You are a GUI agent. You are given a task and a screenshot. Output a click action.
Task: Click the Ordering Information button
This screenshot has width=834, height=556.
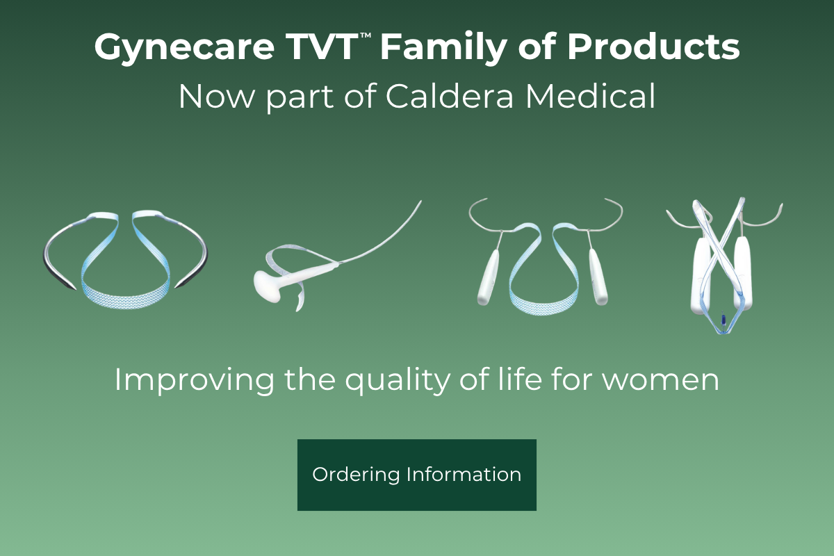(416, 475)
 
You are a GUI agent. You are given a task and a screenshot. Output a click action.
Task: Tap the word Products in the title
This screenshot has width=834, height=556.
(653, 47)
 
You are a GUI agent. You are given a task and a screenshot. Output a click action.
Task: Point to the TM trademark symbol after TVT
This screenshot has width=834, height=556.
(366, 35)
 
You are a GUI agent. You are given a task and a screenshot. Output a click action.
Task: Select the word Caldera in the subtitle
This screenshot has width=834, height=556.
(450, 96)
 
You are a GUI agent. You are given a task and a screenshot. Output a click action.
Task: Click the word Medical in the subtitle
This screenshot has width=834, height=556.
(590, 96)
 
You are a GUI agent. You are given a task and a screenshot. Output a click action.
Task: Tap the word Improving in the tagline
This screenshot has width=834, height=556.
(194, 381)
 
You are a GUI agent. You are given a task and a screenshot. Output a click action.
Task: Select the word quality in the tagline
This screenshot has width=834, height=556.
(398, 381)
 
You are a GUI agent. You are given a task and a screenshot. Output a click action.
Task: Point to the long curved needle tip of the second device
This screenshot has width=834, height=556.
(420, 202)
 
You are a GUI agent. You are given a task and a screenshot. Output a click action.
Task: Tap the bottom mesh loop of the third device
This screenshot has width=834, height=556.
(544, 302)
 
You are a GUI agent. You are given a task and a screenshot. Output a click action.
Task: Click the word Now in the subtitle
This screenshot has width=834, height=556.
(217, 97)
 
